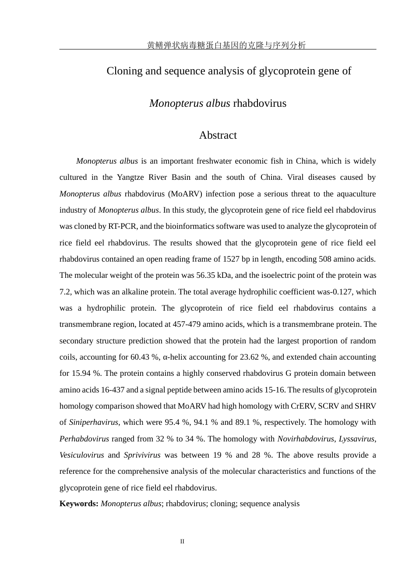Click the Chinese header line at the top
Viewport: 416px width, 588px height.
(x=226, y=45)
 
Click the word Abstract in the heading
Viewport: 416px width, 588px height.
(x=218, y=135)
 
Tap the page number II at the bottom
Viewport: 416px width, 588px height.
(x=182, y=542)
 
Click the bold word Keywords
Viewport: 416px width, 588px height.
(x=79, y=504)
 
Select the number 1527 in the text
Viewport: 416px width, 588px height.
(x=231, y=259)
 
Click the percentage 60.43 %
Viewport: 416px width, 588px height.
(x=145, y=357)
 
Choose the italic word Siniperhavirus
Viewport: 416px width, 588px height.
(x=94, y=422)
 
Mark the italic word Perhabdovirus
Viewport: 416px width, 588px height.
(x=84, y=439)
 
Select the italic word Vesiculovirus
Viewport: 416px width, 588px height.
(x=82, y=455)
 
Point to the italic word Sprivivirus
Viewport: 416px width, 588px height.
(x=142, y=455)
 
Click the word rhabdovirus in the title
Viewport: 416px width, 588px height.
(x=260, y=103)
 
